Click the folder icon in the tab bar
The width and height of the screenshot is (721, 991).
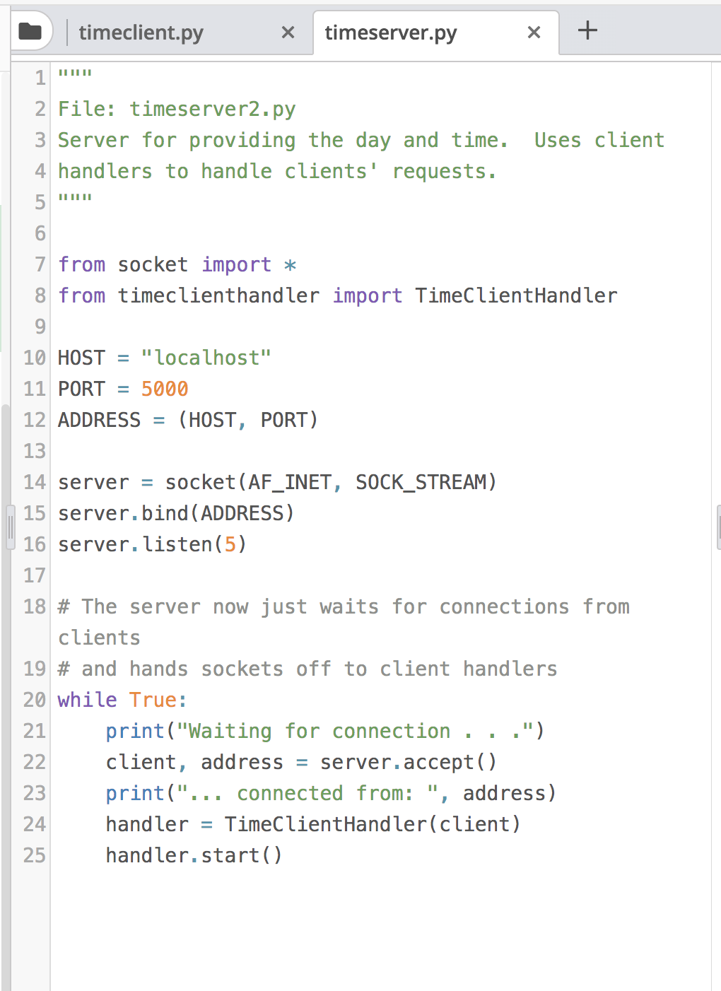(x=30, y=31)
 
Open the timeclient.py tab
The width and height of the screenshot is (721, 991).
(x=141, y=33)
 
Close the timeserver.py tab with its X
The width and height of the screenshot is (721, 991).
(x=534, y=33)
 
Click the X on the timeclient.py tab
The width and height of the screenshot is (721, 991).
(x=288, y=33)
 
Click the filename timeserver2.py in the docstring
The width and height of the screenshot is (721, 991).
(x=212, y=109)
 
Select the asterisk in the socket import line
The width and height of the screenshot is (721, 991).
(x=290, y=265)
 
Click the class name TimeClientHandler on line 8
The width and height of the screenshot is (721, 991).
(x=516, y=295)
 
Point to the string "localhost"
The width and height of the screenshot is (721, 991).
(x=206, y=358)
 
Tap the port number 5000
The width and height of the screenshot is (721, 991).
(x=165, y=389)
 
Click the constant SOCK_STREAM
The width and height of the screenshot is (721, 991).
(x=421, y=482)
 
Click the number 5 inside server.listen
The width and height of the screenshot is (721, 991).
(x=230, y=544)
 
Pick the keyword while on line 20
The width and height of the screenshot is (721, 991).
(x=87, y=700)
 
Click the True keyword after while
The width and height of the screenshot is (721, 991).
(x=153, y=700)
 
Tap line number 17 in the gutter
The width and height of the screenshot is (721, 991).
(x=34, y=575)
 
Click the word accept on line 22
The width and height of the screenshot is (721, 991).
(x=438, y=762)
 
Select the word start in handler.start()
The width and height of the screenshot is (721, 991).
(x=230, y=855)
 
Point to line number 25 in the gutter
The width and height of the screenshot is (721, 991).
(x=34, y=855)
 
